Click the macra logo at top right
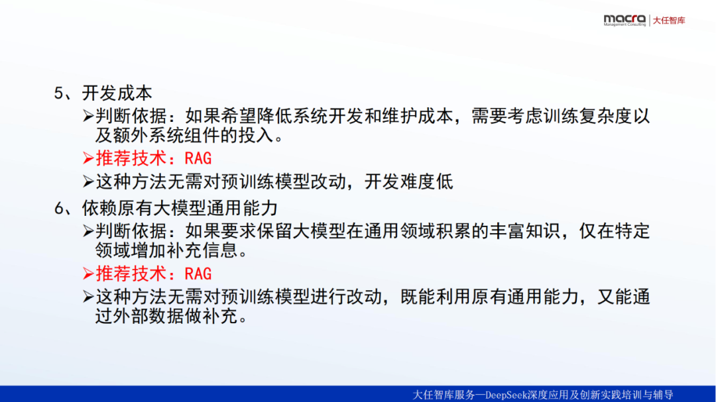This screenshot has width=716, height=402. coord(625,20)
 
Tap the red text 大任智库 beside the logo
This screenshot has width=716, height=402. coord(669,21)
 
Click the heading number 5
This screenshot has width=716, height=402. coord(59,93)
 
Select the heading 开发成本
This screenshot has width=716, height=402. coord(117,93)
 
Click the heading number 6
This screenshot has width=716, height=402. coord(59,208)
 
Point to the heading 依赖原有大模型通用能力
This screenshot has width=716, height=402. coord(180,208)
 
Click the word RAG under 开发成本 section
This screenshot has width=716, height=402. coord(198,158)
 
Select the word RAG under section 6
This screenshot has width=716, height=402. coord(198,274)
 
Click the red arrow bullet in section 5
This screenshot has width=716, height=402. coord(88,158)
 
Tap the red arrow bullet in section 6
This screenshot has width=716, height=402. coord(88,274)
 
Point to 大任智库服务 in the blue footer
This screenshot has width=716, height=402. coord(444,395)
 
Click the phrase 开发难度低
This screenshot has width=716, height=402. coord(408,181)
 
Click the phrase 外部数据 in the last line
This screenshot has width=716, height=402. coord(149,316)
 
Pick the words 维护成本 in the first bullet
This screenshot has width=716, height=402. coord(418,117)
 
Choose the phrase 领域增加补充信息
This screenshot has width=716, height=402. coord(166,250)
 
